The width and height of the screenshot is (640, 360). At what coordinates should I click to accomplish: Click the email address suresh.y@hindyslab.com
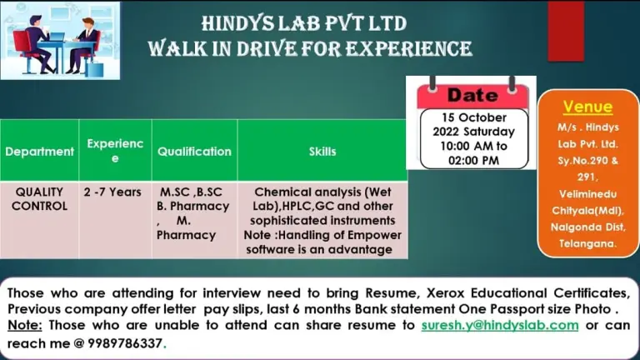pos(500,325)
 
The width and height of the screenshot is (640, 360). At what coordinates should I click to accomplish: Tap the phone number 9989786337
pos(125,343)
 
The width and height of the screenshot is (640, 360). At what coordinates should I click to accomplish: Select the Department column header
pos(40,152)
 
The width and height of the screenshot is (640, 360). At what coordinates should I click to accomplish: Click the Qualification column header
pos(194,152)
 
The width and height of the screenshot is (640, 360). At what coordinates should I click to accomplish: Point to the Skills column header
pos(322,152)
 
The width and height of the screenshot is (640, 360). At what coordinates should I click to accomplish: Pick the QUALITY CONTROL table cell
pos(40,199)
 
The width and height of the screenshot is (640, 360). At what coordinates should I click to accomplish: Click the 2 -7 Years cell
pos(112,192)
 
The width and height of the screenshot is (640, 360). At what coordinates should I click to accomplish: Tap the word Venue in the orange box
pos(587,107)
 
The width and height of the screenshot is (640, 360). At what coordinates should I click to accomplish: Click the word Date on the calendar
pos(472,95)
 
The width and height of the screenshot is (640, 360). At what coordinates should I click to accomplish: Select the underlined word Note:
pos(24,325)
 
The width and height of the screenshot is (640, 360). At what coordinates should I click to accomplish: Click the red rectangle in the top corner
pos(566,32)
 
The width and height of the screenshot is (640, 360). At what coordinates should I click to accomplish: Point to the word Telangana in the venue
pos(587,243)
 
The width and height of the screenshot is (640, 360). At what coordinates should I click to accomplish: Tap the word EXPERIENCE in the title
pos(409,49)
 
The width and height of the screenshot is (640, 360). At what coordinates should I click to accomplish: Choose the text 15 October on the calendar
pos(474,117)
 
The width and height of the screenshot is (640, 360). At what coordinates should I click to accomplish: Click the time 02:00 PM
pos(473,160)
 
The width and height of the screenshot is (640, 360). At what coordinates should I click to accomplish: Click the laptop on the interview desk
pos(57,37)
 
